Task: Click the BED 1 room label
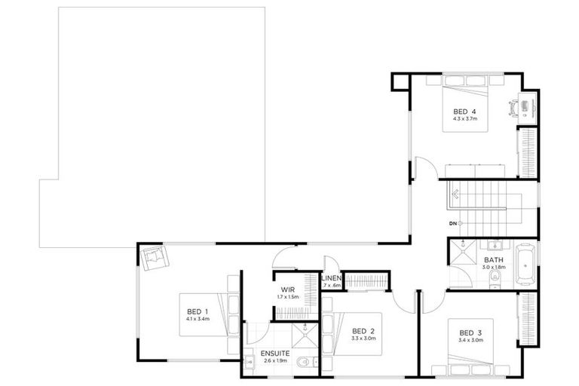pyautogui.click(x=197, y=311)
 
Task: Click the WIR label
pyautogui.click(x=287, y=289)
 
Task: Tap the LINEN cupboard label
pyautogui.click(x=332, y=279)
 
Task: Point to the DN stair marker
pyautogui.click(x=452, y=223)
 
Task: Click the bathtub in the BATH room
pyautogui.click(x=526, y=264)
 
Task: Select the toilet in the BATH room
pyautogui.click(x=495, y=277)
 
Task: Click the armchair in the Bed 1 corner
pyautogui.click(x=155, y=259)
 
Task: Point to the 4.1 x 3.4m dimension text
pyautogui.click(x=197, y=319)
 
